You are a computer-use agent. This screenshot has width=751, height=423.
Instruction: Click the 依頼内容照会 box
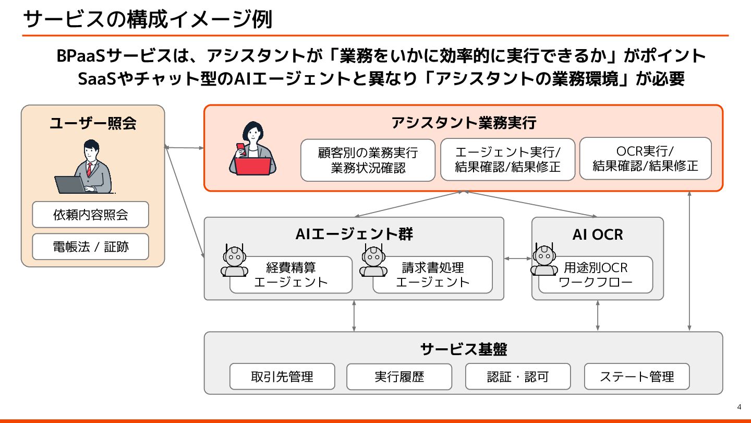click(90, 215)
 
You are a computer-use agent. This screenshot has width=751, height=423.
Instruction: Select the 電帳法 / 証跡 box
click(90, 246)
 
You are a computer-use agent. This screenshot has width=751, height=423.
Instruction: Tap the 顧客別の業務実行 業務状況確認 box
click(368, 160)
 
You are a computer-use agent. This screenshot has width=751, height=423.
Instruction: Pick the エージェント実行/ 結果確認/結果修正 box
click(507, 159)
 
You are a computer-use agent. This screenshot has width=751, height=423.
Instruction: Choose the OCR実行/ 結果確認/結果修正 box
click(645, 158)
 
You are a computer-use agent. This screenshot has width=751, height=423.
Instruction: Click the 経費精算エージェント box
click(291, 275)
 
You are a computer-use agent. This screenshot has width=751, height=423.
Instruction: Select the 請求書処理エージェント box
click(432, 275)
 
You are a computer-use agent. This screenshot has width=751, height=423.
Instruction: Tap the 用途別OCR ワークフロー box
click(596, 275)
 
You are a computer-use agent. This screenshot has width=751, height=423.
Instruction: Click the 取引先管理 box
click(282, 377)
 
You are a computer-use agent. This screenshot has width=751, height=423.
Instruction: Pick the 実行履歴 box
click(399, 377)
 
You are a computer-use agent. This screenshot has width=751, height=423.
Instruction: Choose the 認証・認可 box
click(518, 377)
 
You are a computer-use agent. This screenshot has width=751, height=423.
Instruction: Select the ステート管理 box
click(637, 377)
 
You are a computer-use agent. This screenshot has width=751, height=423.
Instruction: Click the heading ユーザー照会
click(93, 123)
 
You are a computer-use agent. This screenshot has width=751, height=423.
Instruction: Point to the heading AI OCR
click(598, 234)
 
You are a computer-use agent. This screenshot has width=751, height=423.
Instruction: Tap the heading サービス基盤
click(463, 349)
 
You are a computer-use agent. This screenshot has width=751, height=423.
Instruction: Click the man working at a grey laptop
click(86, 168)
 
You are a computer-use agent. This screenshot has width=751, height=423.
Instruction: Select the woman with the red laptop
click(253, 149)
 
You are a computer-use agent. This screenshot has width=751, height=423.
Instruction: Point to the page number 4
click(739, 407)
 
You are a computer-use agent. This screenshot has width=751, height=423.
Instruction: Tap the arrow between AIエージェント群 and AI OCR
click(518, 258)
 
